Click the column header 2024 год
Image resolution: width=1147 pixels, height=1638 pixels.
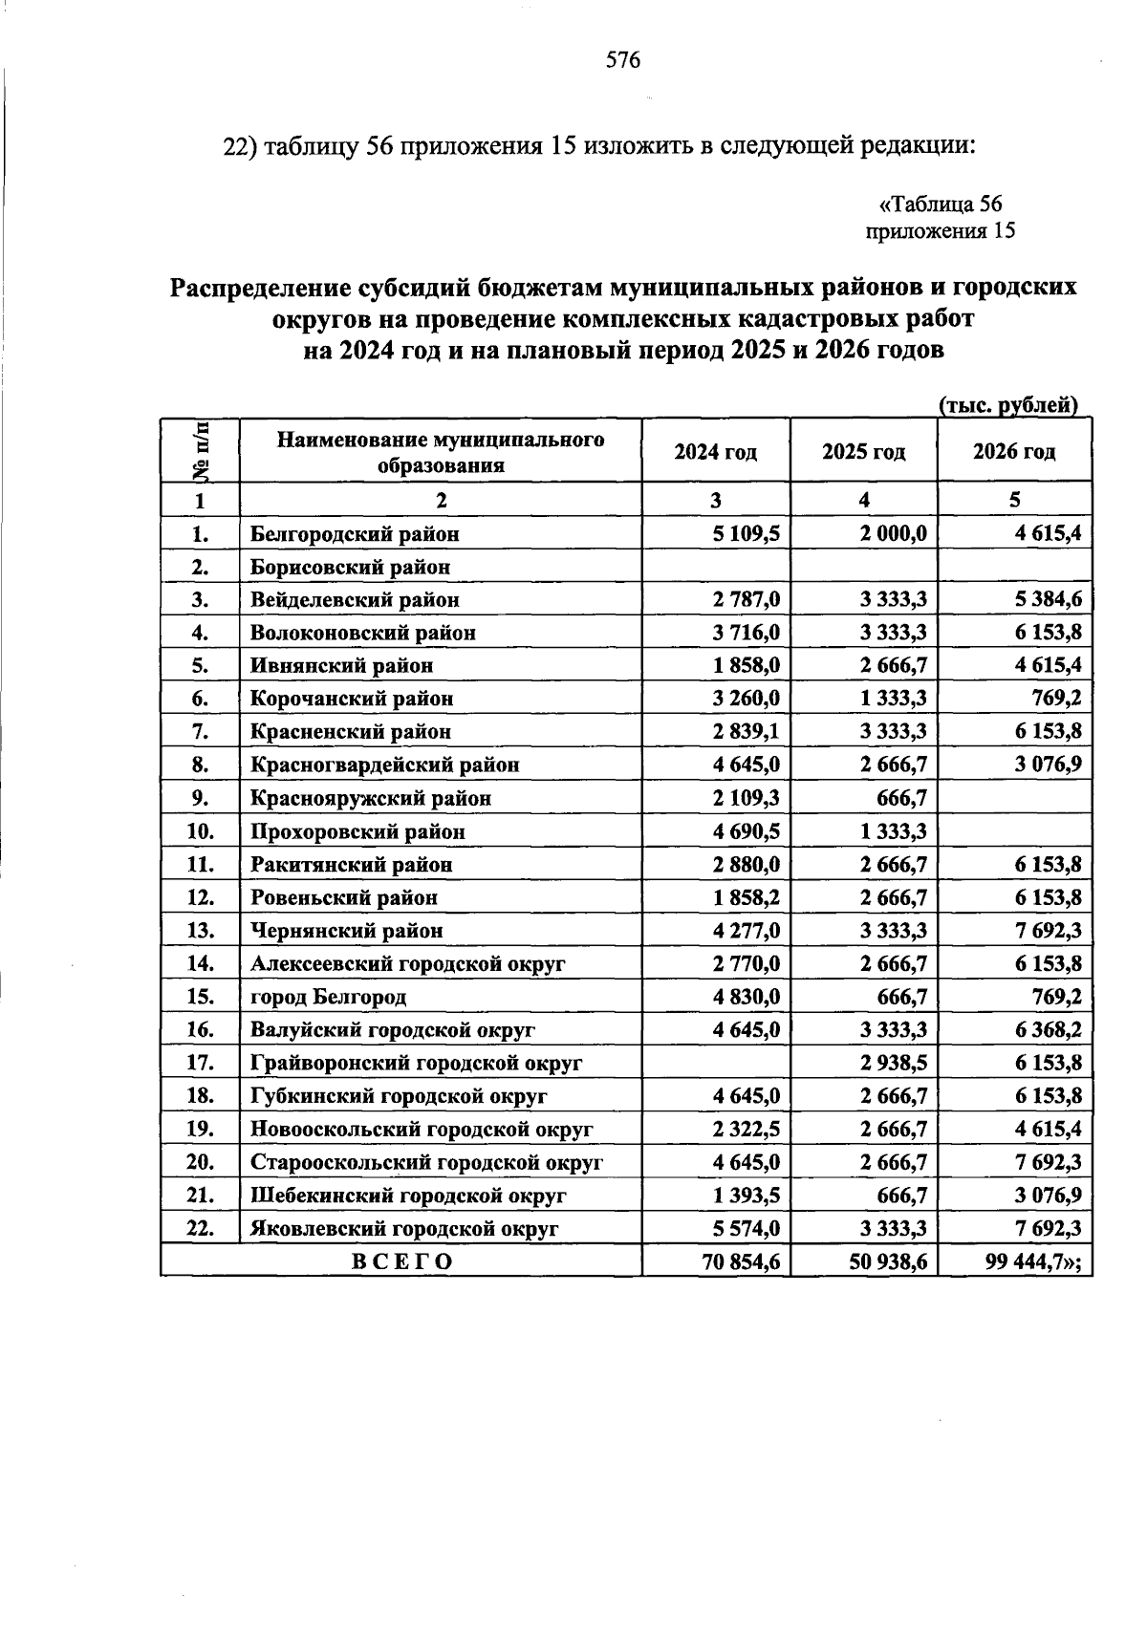[715, 452]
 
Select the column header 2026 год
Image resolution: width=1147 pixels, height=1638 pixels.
[1014, 452]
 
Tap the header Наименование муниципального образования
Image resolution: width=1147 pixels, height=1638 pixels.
[441, 452]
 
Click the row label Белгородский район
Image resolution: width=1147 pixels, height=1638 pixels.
[355, 534]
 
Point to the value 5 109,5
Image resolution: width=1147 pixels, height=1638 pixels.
[746, 534]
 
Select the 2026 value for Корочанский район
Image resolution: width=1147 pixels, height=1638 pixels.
[1056, 699]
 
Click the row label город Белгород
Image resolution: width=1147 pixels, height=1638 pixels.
[328, 997]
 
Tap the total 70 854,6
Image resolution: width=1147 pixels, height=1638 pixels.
[741, 1261]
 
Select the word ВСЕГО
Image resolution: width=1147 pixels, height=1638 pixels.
[401, 1261]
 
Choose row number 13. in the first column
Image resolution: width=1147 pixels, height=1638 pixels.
[200, 931]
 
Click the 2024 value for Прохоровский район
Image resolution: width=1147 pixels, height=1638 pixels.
[746, 831]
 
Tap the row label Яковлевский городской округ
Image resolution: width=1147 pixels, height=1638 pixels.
[404, 1229]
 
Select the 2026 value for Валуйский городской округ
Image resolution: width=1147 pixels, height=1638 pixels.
[1048, 1030]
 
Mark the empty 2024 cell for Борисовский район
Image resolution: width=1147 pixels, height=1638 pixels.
[715, 567]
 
